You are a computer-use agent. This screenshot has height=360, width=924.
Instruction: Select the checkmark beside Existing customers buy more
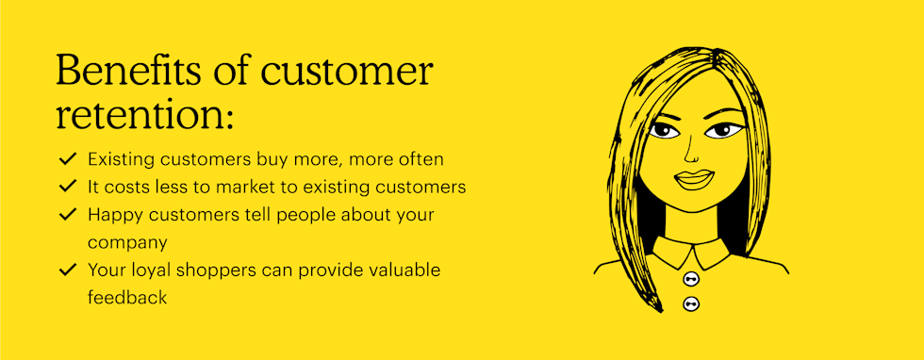point(68,159)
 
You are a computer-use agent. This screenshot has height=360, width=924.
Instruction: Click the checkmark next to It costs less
point(68,187)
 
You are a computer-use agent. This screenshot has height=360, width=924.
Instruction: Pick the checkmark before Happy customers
point(68,215)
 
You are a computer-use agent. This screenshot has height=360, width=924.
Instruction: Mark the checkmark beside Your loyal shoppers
point(68,270)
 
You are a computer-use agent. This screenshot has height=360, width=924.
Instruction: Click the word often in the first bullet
point(421,159)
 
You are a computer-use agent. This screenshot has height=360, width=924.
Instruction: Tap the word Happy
point(115,216)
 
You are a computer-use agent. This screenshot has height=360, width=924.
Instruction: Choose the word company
point(128,243)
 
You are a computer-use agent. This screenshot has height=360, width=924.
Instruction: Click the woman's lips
point(694,179)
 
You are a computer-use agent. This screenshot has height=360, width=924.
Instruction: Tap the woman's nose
point(692,153)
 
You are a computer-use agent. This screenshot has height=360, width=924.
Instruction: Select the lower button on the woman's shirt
point(690,304)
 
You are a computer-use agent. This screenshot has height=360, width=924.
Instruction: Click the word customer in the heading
point(347,72)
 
